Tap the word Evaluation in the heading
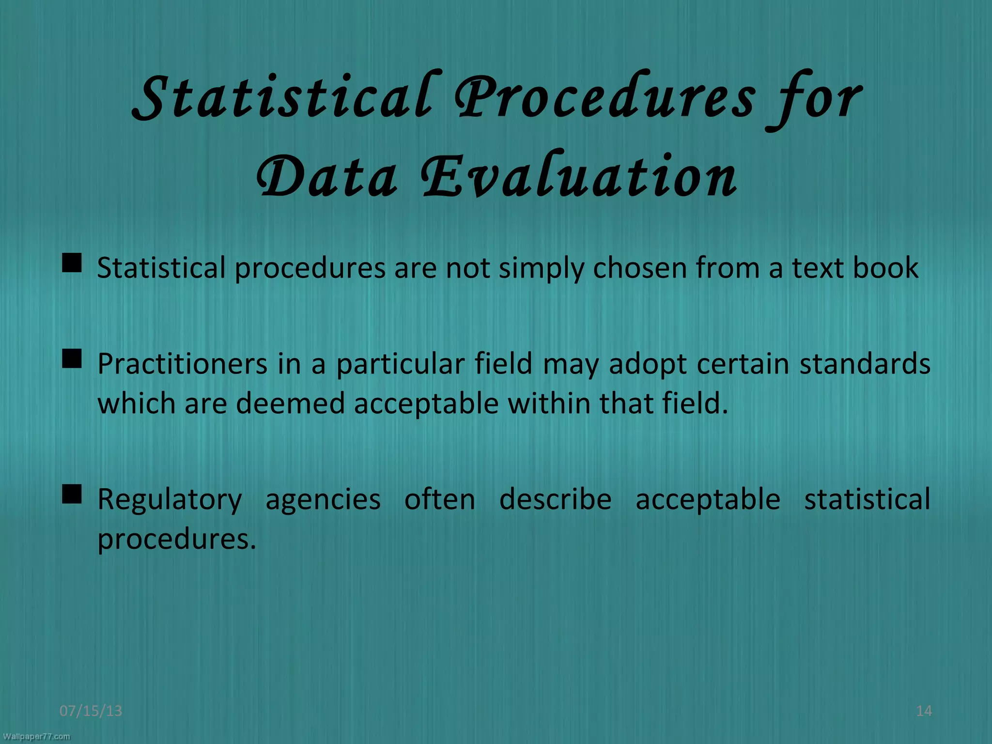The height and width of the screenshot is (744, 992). [x=579, y=177]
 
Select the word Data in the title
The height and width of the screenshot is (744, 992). [x=327, y=177]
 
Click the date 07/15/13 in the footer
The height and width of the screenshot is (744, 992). [x=91, y=711]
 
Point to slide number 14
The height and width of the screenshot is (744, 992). [x=924, y=711]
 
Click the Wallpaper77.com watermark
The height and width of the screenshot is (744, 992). [x=36, y=737]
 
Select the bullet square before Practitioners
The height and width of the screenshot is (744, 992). [x=72, y=359]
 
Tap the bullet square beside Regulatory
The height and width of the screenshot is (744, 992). [x=72, y=495]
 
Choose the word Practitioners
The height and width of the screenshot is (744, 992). [x=182, y=364]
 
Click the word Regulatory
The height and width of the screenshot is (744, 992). [x=170, y=500]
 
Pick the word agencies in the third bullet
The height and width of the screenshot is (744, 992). [x=323, y=500]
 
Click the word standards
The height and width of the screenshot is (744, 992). [x=865, y=364]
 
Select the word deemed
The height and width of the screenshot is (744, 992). [x=290, y=403]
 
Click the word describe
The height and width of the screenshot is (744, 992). [x=555, y=499]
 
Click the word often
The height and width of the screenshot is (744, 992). [x=440, y=499]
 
